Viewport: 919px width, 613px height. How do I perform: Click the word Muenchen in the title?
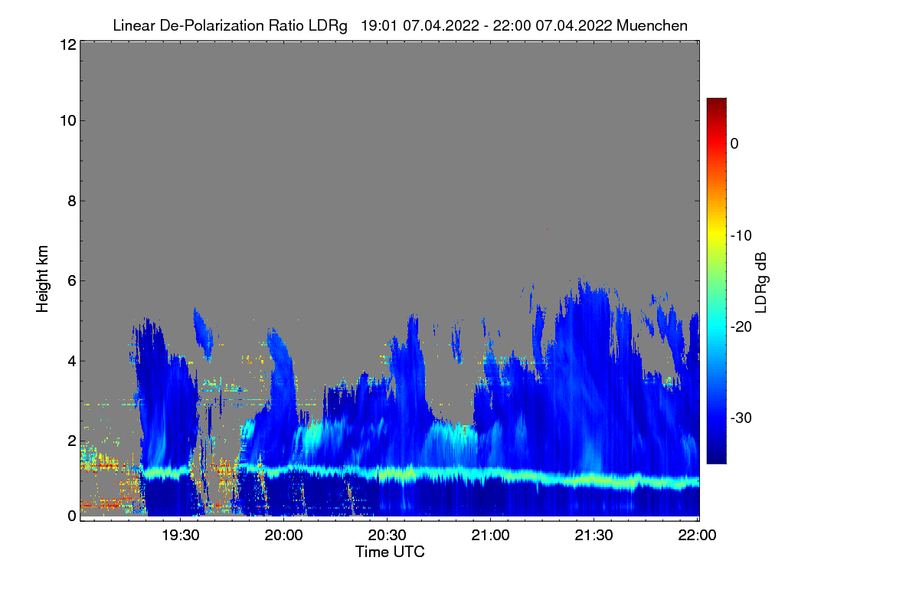point(652,25)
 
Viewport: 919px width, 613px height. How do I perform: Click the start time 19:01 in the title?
point(378,25)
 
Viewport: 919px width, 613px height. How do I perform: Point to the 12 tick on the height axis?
point(67,44)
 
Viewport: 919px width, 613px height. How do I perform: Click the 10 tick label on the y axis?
point(67,120)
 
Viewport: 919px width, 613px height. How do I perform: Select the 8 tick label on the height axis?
point(70,202)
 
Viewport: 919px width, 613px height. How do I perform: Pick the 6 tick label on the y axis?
point(70,281)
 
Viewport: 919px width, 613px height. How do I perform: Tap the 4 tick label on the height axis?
point(70,361)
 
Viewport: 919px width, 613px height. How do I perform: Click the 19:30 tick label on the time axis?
point(181,536)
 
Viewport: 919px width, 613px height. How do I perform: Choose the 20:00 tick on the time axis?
point(284,536)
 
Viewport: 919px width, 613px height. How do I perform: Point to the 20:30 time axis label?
point(388,536)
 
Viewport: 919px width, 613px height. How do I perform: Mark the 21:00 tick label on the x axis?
point(491,536)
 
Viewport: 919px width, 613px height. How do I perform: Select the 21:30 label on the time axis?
point(594,536)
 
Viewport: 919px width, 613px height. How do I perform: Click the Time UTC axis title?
point(390,552)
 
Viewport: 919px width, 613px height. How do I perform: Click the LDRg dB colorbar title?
point(761,281)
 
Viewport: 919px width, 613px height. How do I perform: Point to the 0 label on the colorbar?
point(734,143)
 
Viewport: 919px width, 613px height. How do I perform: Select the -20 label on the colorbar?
point(741,327)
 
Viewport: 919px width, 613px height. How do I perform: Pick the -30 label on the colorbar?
point(741,418)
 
